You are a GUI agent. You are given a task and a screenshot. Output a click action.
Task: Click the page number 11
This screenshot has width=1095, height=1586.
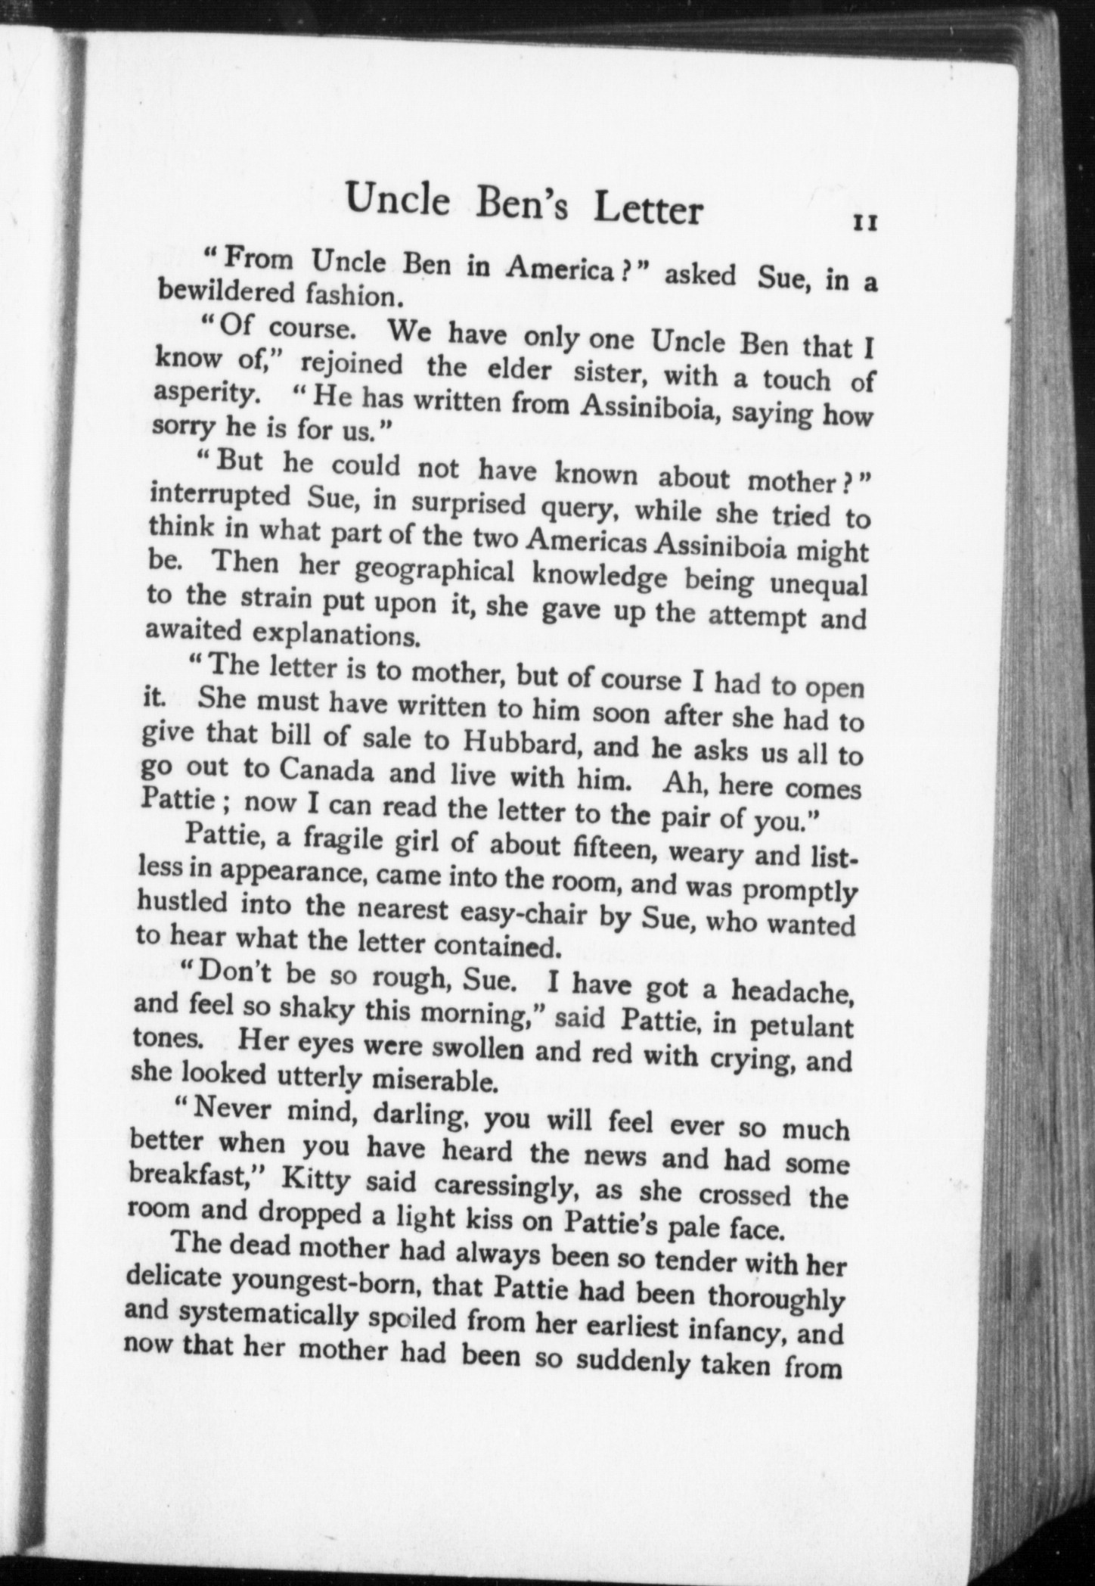[864, 223]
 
